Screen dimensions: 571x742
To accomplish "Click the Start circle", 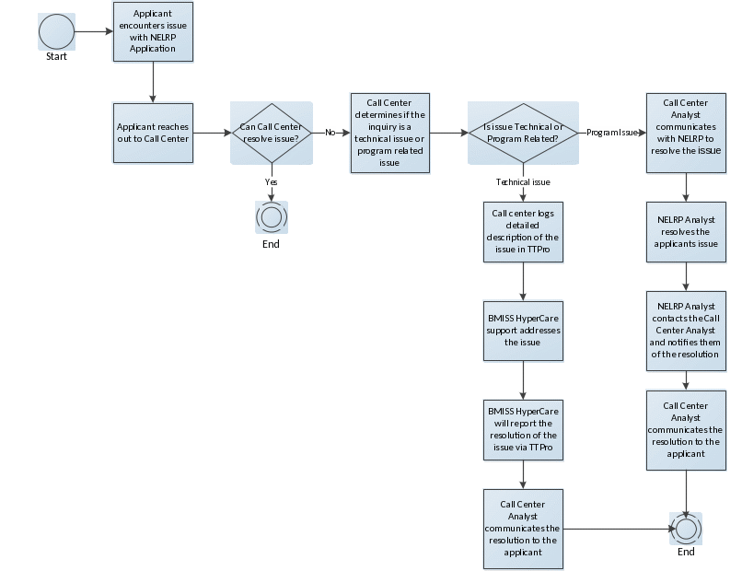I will point(56,32).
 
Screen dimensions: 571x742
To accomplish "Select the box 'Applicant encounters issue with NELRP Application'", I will point(153,31).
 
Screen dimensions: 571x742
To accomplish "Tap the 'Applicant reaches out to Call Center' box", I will point(153,132).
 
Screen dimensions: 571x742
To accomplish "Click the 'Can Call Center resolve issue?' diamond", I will point(271,133).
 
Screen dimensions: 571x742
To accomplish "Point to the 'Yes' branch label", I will point(271,181).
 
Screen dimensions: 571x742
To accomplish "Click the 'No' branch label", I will point(330,133).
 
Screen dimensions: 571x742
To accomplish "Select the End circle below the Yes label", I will point(272,217).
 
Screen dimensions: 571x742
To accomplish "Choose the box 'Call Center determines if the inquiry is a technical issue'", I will point(389,133).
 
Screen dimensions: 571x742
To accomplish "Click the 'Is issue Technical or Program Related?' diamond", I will point(523,133).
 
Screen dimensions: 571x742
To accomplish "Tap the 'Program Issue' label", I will point(611,133).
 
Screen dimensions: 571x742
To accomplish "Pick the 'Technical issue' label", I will point(522,182).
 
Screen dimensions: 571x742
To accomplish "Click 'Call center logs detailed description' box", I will point(523,232).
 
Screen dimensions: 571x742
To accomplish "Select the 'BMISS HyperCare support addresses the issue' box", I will point(523,330).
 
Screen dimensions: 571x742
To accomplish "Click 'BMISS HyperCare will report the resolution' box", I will point(523,429).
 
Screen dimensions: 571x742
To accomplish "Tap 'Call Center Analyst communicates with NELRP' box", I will point(686,132).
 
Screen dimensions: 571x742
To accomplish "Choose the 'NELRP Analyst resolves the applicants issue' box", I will point(686,232).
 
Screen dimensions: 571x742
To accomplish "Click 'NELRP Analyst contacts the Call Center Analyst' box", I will point(686,331).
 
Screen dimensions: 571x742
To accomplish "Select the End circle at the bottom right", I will point(686,528).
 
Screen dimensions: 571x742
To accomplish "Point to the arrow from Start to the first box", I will point(93,32).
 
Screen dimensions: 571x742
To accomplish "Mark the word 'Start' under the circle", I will point(56,57).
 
